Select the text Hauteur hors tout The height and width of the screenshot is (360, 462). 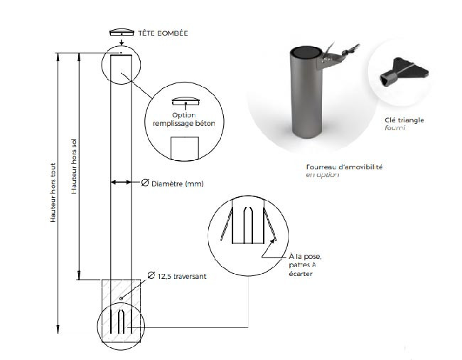point(53,189)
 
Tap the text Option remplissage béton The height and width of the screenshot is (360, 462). point(183,120)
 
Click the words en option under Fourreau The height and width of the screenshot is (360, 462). point(322,174)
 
